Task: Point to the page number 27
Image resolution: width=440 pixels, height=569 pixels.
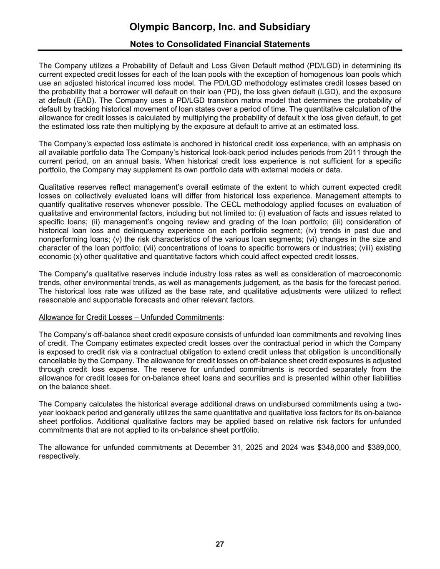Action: pos(220,544)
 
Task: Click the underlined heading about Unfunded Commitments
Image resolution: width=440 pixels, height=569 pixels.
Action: pos(130,318)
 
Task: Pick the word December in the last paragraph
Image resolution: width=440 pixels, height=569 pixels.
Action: pos(211,448)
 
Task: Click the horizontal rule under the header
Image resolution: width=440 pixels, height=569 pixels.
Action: pos(220,50)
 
